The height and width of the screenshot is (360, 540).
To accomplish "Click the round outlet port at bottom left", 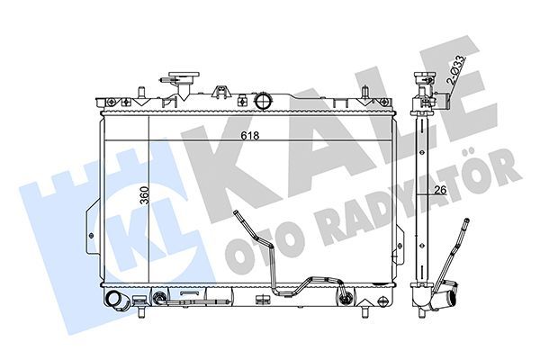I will (x=114, y=301).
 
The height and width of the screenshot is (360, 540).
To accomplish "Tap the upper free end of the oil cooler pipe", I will (x=236, y=212).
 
